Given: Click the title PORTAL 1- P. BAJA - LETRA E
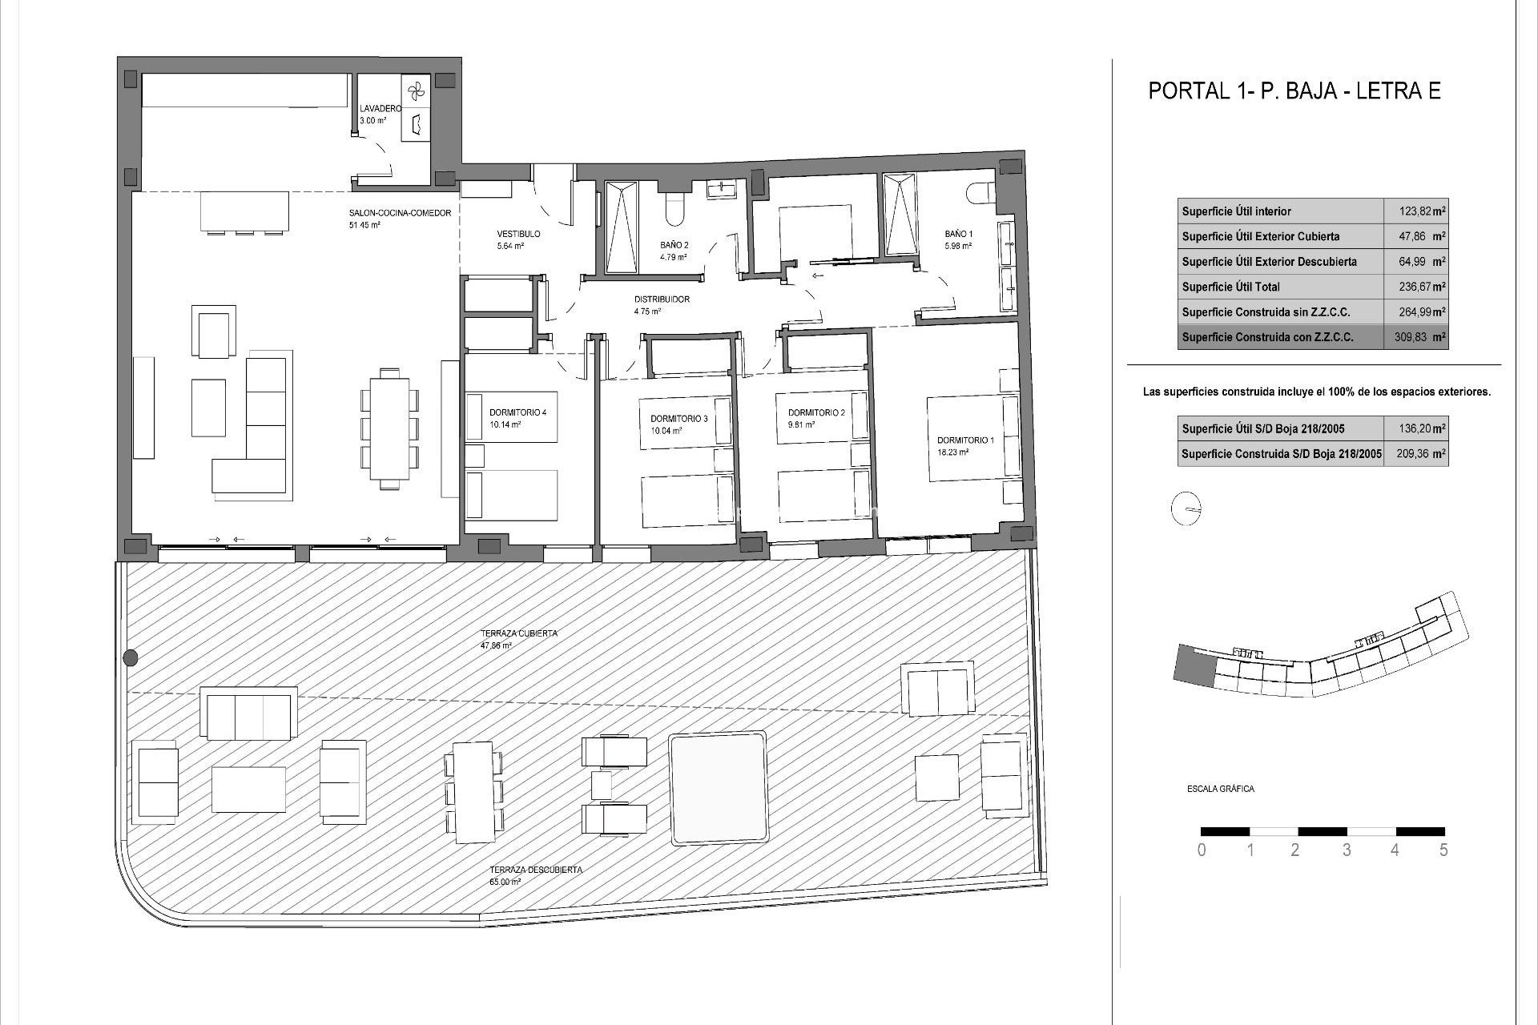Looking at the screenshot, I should click(x=1294, y=90).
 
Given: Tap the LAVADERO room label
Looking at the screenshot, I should click(x=380, y=109).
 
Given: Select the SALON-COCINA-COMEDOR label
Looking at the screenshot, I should click(x=400, y=214).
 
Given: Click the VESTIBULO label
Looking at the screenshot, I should click(x=518, y=235).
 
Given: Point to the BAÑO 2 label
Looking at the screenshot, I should click(x=674, y=245).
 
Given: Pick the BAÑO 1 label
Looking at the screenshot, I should click(x=958, y=235).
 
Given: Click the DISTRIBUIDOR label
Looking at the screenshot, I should click(x=662, y=299).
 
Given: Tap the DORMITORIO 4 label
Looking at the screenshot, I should click(x=517, y=413).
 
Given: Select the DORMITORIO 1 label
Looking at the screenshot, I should click(x=965, y=440).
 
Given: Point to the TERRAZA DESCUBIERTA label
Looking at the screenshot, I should click(x=536, y=870).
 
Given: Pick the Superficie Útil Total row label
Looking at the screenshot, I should click(x=1230, y=287).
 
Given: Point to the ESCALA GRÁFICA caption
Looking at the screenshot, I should click(x=1220, y=789).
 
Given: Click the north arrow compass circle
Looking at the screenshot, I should click(x=1186, y=509).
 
